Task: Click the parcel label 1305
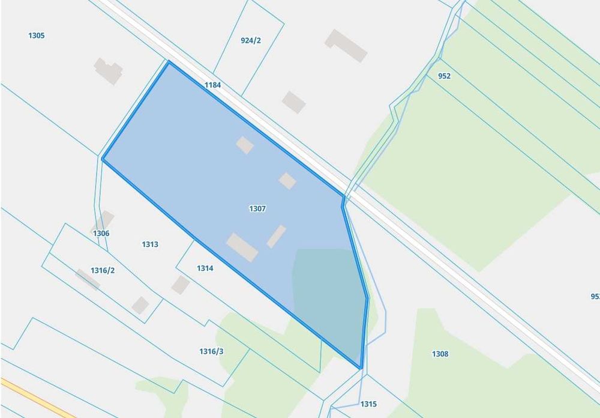pyautogui.click(x=36, y=35)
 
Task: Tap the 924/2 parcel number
pyautogui.click(x=251, y=40)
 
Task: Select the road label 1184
pyautogui.click(x=212, y=85)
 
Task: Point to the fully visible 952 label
pyautogui.click(x=444, y=76)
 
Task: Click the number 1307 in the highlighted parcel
pyautogui.click(x=257, y=208)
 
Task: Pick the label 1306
pyautogui.click(x=101, y=233)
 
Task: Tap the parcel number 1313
pyautogui.click(x=150, y=244)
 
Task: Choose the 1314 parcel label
pyautogui.click(x=205, y=268)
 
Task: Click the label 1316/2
pyautogui.click(x=102, y=270)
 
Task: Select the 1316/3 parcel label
pyautogui.click(x=211, y=351)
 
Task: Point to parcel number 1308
pyautogui.click(x=440, y=354)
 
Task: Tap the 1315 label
pyautogui.click(x=368, y=404)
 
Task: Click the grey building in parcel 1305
pyautogui.click(x=108, y=70)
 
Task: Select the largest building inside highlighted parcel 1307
pyautogui.click(x=242, y=247)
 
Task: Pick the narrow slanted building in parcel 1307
pyautogui.click(x=276, y=236)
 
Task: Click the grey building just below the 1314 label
pyautogui.click(x=180, y=285)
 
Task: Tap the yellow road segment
pyautogui.click(x=36, y=397)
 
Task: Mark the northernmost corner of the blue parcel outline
pyautogui.click(x=169, y=62)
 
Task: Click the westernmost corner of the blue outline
pyautogui.click(x=103, y=160)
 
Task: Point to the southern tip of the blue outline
pyautogui.click(x=361, y=368)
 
